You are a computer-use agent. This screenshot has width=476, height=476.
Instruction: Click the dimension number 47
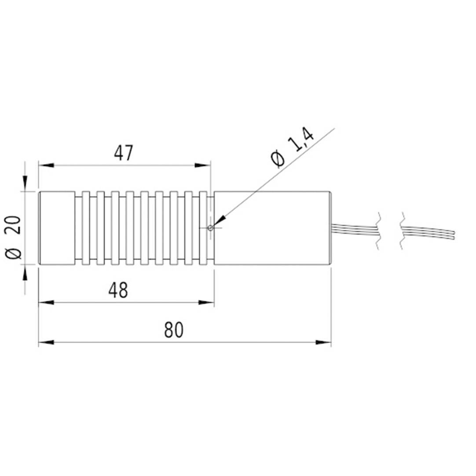click(x=124, y=153)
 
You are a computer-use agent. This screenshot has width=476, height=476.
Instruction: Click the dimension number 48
click(x=118, y=290)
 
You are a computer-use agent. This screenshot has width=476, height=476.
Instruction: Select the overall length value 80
click(x=173, y=330)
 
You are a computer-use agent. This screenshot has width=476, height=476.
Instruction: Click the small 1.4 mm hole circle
click(x=211, y=228)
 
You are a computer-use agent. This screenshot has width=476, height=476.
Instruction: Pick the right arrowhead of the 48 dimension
click(x=206, y=302)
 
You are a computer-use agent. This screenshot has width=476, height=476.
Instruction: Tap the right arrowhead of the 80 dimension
click(x=324, y=342)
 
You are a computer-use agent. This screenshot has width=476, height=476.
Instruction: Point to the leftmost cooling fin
click(x=86, y=228)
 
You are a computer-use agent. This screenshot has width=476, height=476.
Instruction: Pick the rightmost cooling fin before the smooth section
click(x=203, y=228)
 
